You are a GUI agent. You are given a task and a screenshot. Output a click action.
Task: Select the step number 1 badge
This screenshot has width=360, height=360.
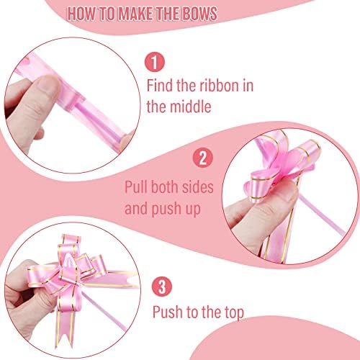click(x=155, y=62)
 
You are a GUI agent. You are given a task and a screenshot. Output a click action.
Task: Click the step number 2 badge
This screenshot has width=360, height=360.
click(x=203, y=158)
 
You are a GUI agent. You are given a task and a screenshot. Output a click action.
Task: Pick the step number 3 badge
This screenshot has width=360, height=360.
click(x=162, y=287)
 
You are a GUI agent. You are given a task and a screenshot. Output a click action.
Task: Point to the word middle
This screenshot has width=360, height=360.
click(x=190, y=107)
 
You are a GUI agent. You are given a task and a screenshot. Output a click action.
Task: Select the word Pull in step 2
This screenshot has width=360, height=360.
click(x=136, y=187)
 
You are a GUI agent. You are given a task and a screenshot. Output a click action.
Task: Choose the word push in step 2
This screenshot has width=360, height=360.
click(x=167, y=209)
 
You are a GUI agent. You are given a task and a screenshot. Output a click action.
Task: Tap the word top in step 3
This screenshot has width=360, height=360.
click(x=234, y=312)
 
